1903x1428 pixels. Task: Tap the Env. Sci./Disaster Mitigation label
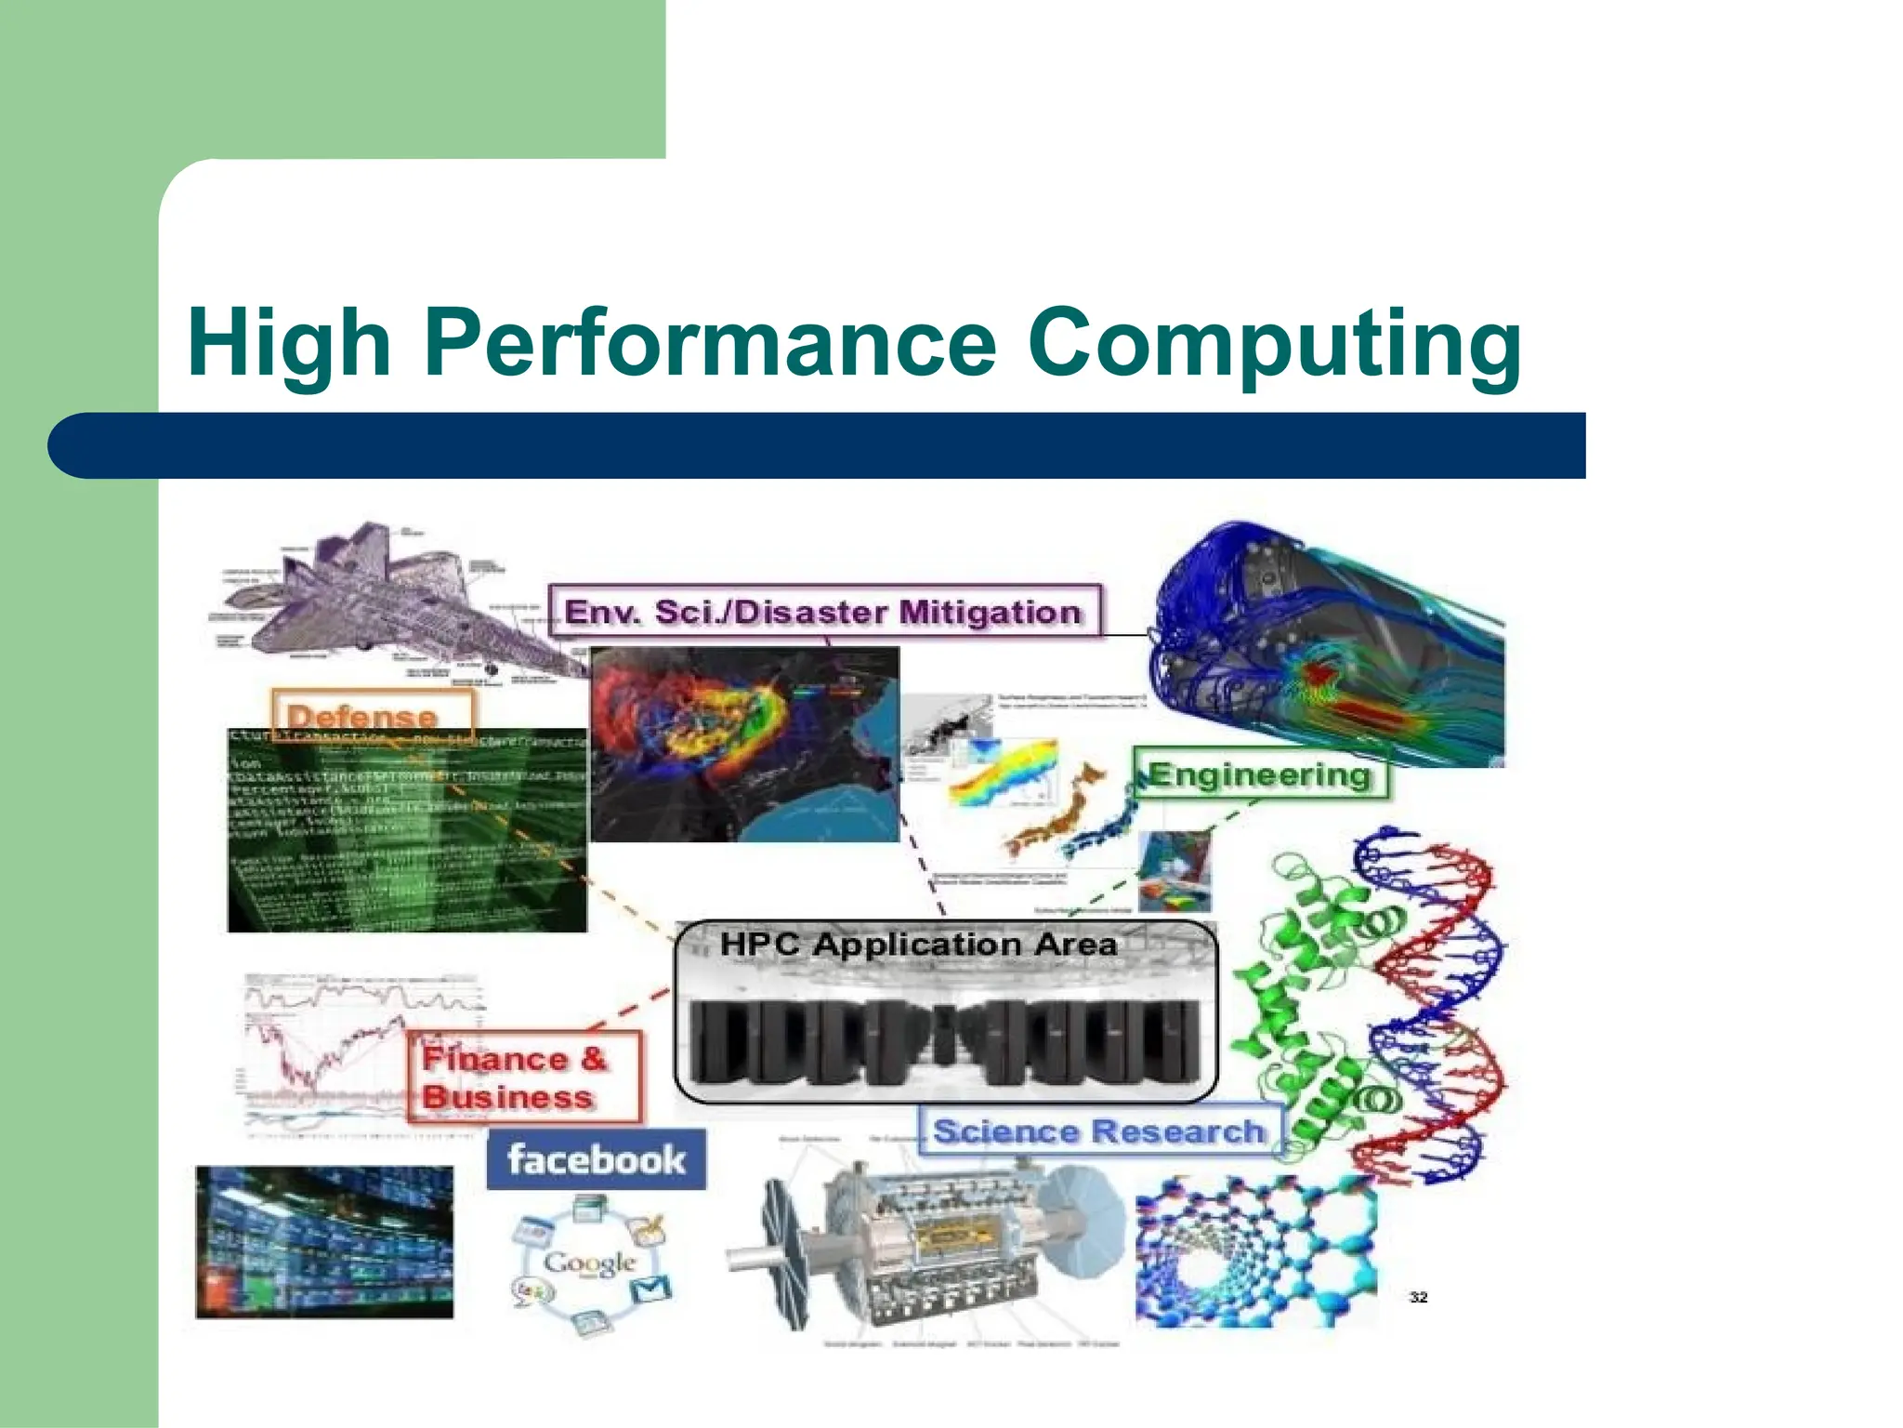tap(823, 612)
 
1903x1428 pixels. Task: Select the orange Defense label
tap(362, 716)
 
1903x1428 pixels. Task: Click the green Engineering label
tap(1260, 773)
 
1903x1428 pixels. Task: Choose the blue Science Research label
tap(1098, 1130)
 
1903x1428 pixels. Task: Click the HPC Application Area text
tap(918, 945)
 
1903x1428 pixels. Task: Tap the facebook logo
tap(596, 1159)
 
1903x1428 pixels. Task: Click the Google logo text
tap(589, 1262)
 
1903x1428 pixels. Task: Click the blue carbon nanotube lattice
tap(1254, 1250)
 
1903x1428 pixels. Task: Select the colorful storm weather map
tap(743, 744)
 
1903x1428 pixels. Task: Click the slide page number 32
tap(1418, 1297)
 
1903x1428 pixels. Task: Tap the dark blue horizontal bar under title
tap(818, 445)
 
